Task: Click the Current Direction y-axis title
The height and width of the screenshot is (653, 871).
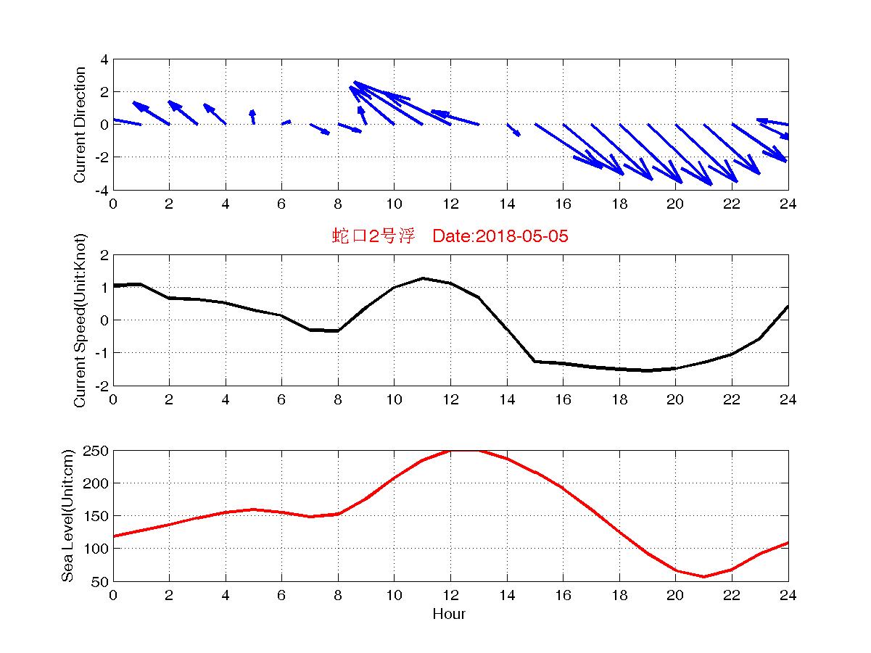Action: point(80,125)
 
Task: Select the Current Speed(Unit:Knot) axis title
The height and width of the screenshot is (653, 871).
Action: point(80,320)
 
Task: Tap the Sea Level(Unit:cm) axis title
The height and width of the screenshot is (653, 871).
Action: point(68,516)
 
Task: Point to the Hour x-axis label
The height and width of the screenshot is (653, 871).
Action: point(450,615)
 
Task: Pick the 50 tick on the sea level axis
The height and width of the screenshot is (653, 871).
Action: point(100,581)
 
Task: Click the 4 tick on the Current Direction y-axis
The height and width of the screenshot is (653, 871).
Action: point(104,59)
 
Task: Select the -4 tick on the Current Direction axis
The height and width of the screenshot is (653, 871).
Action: point(102,190)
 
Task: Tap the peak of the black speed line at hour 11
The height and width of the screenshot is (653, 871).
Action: point(422,278)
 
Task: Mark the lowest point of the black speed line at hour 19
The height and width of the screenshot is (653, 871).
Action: point(648,370)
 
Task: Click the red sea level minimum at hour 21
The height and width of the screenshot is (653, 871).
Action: point(703,577)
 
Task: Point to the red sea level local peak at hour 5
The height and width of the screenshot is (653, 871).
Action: point(253,509)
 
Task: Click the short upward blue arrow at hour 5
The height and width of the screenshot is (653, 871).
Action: point(252,117)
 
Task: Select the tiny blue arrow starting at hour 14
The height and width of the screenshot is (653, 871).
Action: point(513,130)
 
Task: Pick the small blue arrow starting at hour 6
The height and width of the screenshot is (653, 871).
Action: point(286,122)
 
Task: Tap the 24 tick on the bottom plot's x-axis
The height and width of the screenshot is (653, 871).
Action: point(788,596)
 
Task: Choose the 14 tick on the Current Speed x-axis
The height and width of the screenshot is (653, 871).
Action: point(506,400)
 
